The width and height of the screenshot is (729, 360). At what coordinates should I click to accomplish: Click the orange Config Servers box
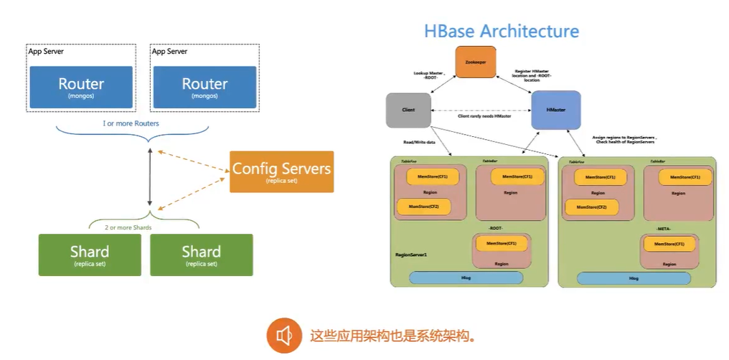(281, 171)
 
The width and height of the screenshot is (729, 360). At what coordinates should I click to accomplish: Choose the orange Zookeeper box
(475, 62)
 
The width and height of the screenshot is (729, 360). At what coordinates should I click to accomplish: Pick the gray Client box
(407, 110)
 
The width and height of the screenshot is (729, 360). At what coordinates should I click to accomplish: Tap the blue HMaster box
(555, 110)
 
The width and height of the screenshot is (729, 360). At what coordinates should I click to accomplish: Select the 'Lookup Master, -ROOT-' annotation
(429, 75)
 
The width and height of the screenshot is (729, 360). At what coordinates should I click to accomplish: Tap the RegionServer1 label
(411, 254)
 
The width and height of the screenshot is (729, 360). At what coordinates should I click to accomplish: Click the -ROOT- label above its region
(495, 229)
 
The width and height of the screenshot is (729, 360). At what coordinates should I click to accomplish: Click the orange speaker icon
(284, 335)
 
